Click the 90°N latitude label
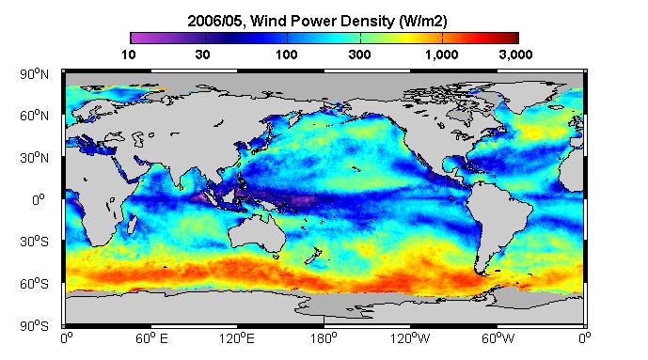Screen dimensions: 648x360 tap(34, 74)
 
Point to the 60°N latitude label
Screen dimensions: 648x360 tap(34, 116)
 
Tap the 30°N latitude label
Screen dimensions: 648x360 tap(34, 158)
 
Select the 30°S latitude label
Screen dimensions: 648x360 tap(34, 242)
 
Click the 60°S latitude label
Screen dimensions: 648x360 tap(34, 284)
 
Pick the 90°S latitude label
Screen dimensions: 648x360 tap(34, 326)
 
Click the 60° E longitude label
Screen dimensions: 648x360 tap(151, 338)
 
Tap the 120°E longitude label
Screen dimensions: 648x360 tap(237, 338)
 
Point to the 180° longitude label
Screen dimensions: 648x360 tap(324, 338)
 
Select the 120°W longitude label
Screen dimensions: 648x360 tap(410, 338)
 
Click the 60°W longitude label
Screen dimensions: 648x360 tap(498, 338)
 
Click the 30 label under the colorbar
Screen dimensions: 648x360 tap(202, 55)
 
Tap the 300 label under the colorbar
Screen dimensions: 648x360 tap(359, 55)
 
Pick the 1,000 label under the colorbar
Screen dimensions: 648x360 tap(442, 55)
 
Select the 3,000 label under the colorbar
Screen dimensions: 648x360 tap(515, 55)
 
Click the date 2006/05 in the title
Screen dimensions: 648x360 tap(214, 21)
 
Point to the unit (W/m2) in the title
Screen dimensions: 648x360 tap(423, 21)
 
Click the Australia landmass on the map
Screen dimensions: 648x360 tap(257, 232)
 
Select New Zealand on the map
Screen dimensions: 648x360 tap(314, 256)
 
